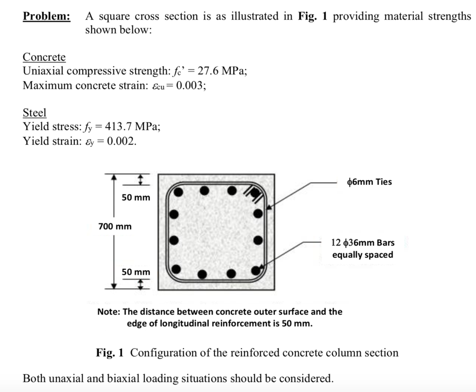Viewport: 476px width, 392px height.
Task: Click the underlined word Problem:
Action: point(46,17)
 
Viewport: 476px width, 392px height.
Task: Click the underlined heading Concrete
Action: point(44,57)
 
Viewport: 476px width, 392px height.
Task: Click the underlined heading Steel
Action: point(34,113)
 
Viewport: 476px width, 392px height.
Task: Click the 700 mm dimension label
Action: point(115,227)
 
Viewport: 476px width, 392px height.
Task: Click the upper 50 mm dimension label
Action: point(136,198)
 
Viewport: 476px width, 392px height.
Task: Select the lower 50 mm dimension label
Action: point(136,272)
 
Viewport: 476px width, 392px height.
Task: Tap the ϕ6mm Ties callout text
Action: point(370,182)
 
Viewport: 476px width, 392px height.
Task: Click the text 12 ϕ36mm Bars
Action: point(363,242)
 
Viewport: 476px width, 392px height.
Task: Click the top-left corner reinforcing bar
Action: point(178,191)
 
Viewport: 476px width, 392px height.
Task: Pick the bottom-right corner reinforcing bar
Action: point(255,270)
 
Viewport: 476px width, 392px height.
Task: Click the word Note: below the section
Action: point(109,312)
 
